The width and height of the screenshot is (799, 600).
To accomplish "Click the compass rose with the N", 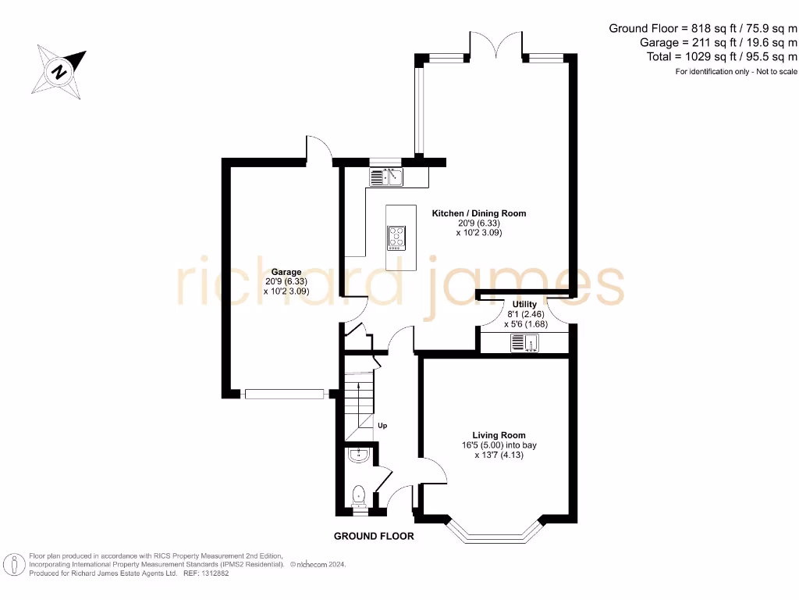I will click(59, 71).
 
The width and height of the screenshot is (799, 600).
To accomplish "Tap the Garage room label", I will click(286, 272).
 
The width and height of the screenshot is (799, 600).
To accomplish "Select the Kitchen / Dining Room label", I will click(479, 212).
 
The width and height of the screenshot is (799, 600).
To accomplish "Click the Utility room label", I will click(524, 304).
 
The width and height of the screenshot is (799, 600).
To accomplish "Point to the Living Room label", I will click(499, 435).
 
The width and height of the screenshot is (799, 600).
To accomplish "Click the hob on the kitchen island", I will click(396, 237).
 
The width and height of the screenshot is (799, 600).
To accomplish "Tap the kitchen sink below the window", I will click(385, 177).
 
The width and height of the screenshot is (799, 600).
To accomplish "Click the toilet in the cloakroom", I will click(358, 495).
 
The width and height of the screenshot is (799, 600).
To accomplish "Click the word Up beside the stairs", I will click(382, 426).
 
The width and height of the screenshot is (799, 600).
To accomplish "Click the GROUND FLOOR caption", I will click(374, 536).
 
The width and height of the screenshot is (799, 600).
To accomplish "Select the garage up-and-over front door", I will click(283, 395).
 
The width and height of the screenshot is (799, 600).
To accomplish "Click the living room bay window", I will click(495, 535).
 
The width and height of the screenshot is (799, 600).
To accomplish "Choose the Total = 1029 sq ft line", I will click(722, 57).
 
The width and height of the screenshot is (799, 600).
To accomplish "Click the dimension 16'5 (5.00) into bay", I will click(499, 445).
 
